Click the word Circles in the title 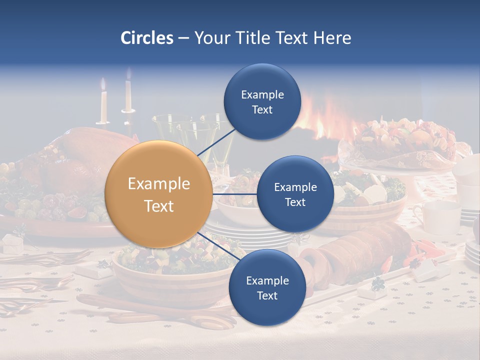point(147,38)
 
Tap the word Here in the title point(332,38)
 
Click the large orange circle point(158,194)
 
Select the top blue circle point(262,102)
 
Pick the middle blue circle point(295,194)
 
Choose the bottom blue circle point(267,287)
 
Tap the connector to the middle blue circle point(234,194)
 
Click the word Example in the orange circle point(158,184)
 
